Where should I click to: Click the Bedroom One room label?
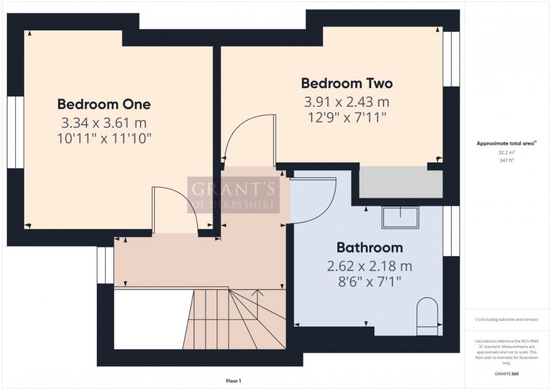104,104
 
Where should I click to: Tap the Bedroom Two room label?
347,83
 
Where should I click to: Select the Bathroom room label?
369,247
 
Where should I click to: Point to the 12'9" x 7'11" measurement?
347,117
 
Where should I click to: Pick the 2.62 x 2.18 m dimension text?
369,266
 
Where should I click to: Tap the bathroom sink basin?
400,217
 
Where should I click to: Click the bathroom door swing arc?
315,200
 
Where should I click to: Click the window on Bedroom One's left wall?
15,132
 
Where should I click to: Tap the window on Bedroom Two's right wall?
451,59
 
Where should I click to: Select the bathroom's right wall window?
451,231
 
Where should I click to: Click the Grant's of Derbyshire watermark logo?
232,195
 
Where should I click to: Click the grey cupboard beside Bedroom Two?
400,182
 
